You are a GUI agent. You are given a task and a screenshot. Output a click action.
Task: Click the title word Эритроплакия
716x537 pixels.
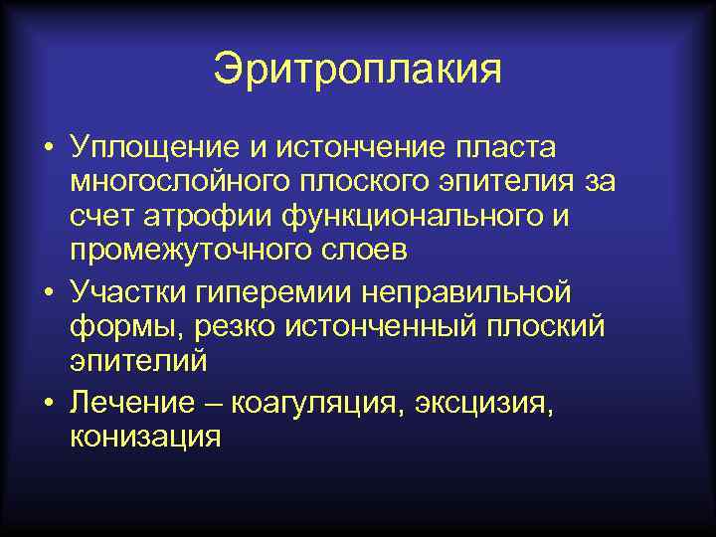(x=358, y=71)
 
